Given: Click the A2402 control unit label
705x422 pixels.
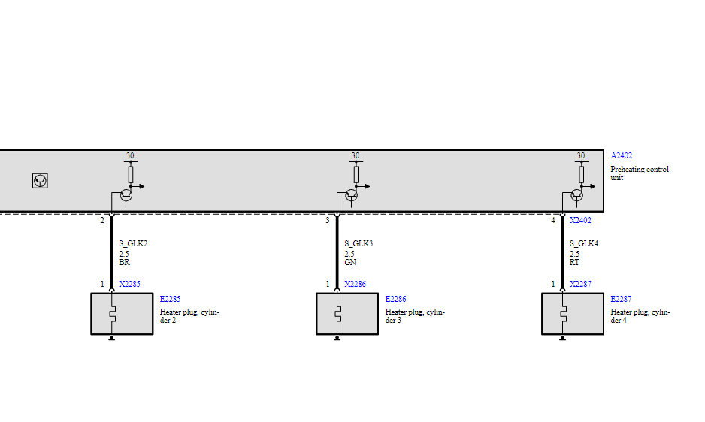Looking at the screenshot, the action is (621, 156).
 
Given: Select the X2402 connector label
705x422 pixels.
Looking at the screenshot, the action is (580, 221).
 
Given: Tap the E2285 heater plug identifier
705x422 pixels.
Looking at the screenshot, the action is (170, 299).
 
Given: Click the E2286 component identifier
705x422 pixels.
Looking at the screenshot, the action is (395, 299).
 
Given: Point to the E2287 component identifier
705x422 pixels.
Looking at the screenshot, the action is (621, 299).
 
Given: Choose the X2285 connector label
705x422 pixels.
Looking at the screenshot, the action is (129, 285).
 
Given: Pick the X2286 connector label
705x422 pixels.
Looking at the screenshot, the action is (355, 285).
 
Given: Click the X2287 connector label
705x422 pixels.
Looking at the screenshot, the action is (580, 285).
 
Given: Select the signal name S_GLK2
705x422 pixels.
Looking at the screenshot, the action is (133, 244).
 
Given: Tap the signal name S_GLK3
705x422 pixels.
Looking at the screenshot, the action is (359, 244).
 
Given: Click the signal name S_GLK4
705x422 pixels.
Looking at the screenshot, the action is (584, 244).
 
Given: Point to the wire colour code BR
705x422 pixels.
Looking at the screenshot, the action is (124, 263).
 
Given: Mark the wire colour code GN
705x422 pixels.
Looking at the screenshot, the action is (349, 263).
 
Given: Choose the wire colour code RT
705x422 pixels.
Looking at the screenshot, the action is (575, 263).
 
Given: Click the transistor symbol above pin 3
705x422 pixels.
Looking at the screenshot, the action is (351, 194).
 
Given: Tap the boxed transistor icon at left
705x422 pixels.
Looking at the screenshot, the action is (41, 181).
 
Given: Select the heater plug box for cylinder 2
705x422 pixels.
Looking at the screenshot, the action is (122, 313).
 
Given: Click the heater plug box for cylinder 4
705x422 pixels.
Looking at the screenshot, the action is (573, 313).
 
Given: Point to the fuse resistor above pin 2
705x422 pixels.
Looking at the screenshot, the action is (130, 174).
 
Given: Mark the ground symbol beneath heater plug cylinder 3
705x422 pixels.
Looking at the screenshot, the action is (337, 338).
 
